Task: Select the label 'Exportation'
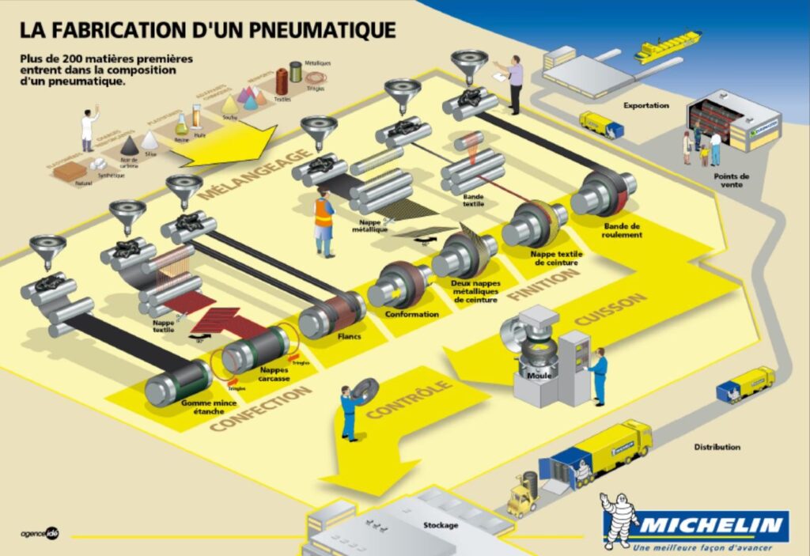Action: tap(645, 105)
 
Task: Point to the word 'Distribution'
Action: tap(717, 447)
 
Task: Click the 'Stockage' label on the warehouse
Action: tap(439, 525)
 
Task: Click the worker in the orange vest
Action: tap(324, 221)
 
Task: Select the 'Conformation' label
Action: tap(411, 314)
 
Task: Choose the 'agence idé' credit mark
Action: tap(40, 531)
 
